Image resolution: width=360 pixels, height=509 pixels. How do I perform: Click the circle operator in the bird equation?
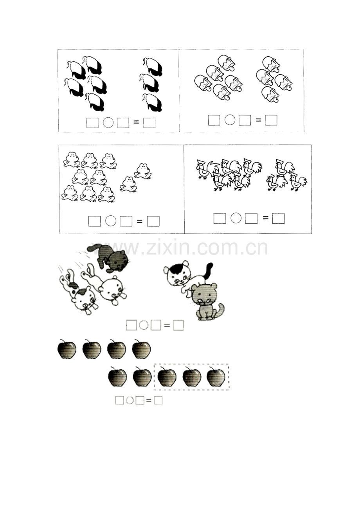pyautogui.click(x=108, y=122)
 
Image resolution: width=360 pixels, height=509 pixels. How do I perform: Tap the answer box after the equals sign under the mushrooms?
pyautogui.click(x=271, y=120)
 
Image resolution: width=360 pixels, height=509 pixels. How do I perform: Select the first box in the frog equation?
pyautogui.click(x=94, y=221)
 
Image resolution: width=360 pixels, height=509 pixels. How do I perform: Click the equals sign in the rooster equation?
pyautogui.click(x=265, y=218)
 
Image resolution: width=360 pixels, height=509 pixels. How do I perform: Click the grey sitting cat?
pyautogui.click(x=207, y=301)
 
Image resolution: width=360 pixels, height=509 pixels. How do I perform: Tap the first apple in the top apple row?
pyautogui.click(x=67, y=350)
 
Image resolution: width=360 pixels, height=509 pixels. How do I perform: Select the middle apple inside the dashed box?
pyautogui.click(x=192, y=378)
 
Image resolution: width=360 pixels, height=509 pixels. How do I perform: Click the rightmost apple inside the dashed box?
pyautogui.click(x=216, y=377)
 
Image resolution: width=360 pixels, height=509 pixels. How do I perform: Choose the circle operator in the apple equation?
pyautogui.click(x=130, y=400)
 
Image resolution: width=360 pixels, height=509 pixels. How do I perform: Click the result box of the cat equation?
pyautogui.click(x=178, y=325)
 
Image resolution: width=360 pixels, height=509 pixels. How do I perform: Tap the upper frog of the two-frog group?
pyautogui.click(x=143, y=171)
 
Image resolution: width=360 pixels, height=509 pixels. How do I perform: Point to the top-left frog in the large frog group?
pyautogui.click(x=72, y=160)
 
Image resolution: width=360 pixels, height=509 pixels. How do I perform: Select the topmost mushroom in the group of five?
pyautogui.click(x=227, y=63)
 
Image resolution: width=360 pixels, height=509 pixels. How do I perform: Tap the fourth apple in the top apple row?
pyautogui.click(x=141, y=350)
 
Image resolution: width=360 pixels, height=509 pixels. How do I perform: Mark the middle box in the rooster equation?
pyautogui.click(x=251, y=218)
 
